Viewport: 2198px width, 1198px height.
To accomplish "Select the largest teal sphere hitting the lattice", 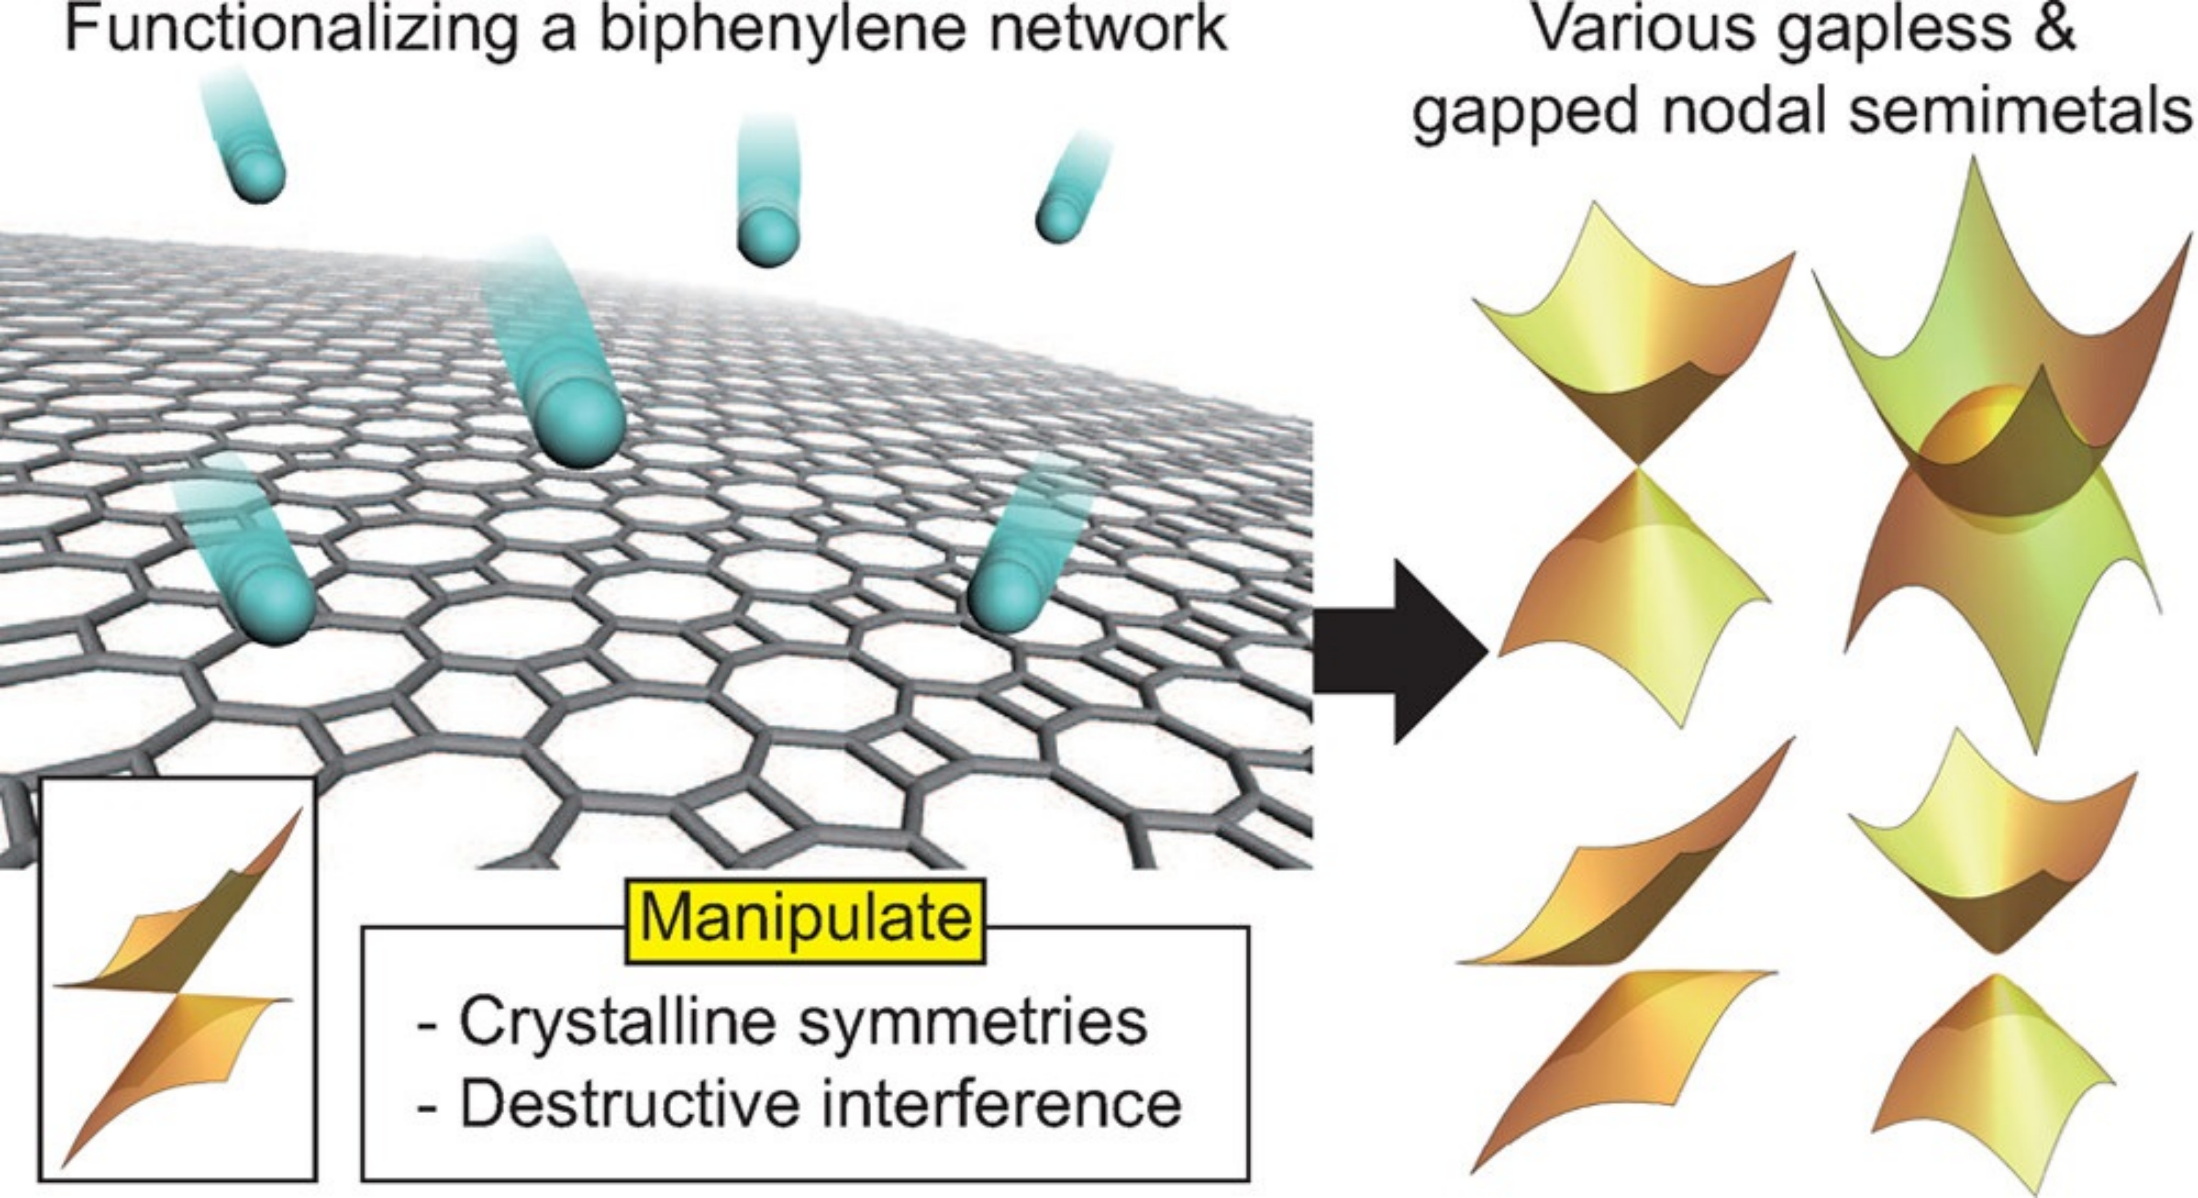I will (x=582, y=422).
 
